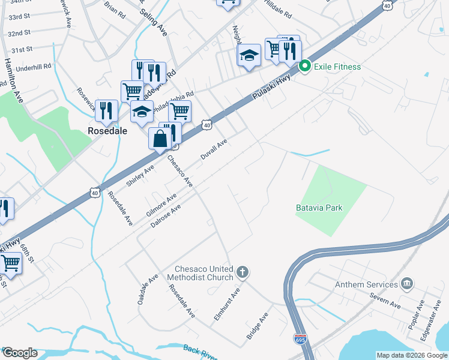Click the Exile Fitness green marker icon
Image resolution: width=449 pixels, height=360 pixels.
pyautogui.click(x=304, y=66)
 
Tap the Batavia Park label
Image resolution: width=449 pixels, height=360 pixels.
pyautogui.click(x=319, y=208)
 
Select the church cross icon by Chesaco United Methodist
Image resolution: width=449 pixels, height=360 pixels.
pyautogui.click(x=243, y=273)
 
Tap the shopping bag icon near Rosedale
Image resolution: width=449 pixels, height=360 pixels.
pyautogui.click(x=161, y=139)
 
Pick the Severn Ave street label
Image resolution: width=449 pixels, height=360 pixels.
pyautogui.click(x=385, y=305)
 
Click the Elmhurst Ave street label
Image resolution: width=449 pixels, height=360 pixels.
pyautogui.click(x=227, y=304)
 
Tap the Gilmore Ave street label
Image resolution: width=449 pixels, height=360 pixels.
pyautogui.click(x=161, y=205)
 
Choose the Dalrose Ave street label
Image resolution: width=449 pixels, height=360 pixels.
pyautogui.click(x=167, y=217)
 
